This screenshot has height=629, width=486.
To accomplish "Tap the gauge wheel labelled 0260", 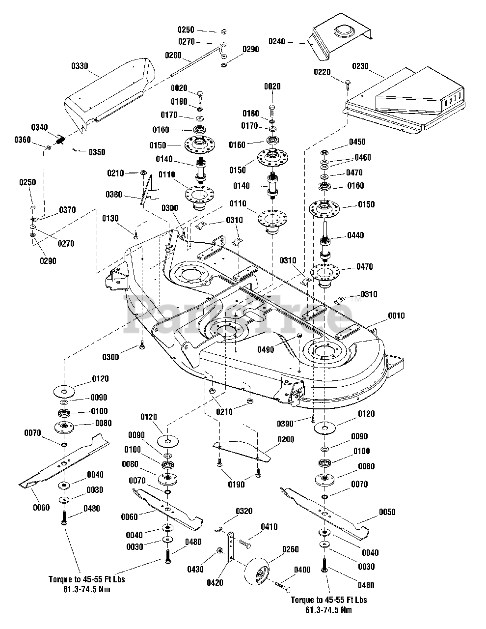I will coord(260,572).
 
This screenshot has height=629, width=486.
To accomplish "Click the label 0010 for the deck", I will coord(396,315).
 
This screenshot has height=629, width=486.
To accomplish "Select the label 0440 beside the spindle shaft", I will coord(355,235).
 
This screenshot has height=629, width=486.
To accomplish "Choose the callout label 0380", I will coord(114,195).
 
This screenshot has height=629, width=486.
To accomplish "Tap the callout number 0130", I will coord(110,218).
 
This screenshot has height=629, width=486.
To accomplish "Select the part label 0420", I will coord(215,583).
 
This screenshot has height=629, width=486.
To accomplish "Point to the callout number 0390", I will coord(285,424).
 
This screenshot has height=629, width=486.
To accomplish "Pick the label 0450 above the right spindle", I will coord(357,142).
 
